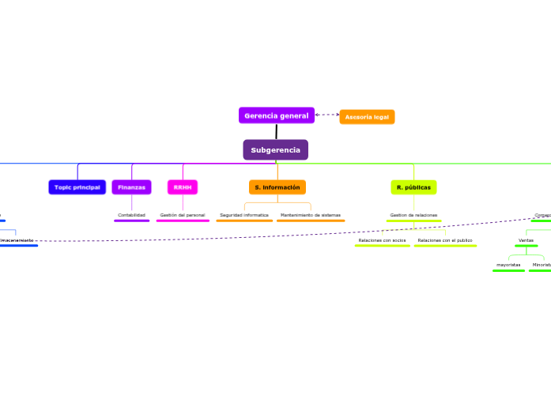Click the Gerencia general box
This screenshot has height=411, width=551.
(276, 115)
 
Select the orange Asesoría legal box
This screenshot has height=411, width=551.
(367, 117)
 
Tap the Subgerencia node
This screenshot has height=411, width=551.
(275, 149)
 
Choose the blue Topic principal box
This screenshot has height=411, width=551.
(77, 187)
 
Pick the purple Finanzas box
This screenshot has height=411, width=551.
(131, 187)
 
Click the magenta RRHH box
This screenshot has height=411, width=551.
(183, 187)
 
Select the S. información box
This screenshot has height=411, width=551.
(277, 187)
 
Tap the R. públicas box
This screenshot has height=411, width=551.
(413, 187)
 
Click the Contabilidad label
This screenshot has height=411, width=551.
(131, 215)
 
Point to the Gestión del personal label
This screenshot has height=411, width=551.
(183, 215)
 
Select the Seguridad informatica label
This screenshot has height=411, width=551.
(244, 215)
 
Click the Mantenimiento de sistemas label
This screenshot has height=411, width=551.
(311, 215)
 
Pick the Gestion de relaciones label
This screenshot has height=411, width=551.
(413, 215)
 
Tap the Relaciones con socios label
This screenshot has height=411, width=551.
(382, 239)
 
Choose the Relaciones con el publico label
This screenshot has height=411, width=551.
(445, 239)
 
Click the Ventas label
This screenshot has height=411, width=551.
(526, 239)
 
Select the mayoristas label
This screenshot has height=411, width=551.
(508, 265)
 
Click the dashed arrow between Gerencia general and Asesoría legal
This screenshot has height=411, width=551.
(326, 115)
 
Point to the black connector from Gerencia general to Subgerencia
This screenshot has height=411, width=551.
(276, 131)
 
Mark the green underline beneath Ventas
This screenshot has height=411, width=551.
(526, 246)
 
